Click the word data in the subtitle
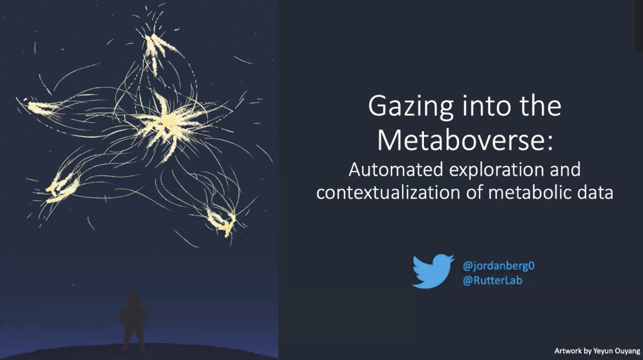coord(594,193)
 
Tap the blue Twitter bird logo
coord(433,271)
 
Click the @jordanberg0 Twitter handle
coord(499,265)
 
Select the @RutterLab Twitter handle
coord(492,280)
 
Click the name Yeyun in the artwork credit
coord(606,351)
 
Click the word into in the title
coord(487,106)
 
